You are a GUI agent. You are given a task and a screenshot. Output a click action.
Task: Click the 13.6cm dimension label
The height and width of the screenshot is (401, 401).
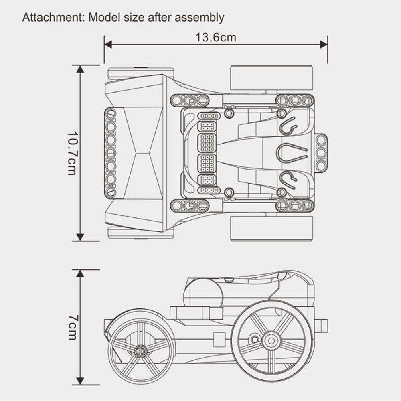[216, 38]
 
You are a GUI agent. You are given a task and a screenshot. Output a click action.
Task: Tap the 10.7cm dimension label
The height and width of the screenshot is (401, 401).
[72, 153]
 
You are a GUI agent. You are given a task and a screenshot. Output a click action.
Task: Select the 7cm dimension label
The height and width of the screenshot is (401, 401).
[72, 327]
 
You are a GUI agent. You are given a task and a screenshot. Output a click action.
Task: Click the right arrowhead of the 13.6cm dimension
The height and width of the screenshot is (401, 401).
[324, 45]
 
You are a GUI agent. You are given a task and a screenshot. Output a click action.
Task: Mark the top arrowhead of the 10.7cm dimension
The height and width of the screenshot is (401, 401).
[80, 69]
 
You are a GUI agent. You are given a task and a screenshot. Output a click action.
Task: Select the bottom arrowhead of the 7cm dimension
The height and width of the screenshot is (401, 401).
[80, 381]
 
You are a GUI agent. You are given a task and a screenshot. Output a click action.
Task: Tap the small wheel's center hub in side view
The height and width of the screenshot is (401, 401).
[140, 351]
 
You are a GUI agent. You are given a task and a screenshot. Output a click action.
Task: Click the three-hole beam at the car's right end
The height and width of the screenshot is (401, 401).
[321, 153]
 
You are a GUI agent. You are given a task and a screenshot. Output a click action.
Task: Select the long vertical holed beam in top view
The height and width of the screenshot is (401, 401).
[110, 153]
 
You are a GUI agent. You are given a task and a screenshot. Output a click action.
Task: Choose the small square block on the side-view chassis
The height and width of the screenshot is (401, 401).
[219, 339]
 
